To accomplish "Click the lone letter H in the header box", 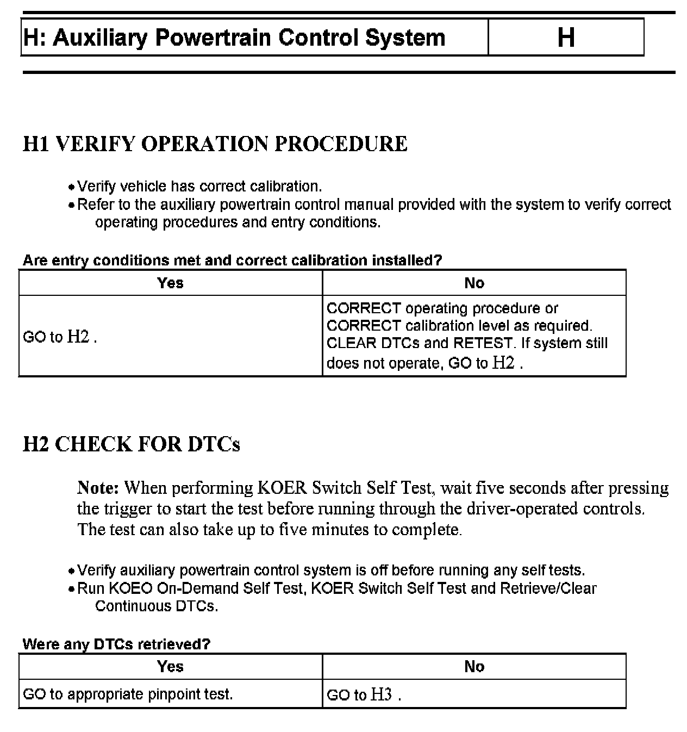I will tap(566, 38).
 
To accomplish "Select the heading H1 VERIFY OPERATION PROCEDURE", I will tap(215, 144).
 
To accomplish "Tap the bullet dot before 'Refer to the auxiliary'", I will tap(71, 206).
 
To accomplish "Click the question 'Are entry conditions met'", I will tap(232, 260).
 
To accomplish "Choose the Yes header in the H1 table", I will tap(170, 283).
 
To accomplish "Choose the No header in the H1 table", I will tap(474, 283).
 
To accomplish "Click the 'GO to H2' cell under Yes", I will tap(60, 337).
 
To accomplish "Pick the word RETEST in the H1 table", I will tap(483, 343).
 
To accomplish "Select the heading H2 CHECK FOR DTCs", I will tap(132, 444).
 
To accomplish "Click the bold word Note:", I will tap(98, 487).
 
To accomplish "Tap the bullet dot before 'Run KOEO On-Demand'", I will tap(71, 590).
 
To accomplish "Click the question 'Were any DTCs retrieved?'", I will tap(116, 644).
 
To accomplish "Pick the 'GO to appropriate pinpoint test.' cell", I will tap(128, 694).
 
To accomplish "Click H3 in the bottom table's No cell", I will tap(381, 694).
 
